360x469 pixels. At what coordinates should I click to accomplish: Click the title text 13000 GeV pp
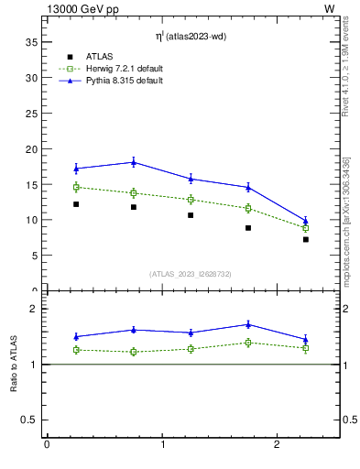80,8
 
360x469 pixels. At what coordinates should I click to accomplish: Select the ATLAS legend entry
95,57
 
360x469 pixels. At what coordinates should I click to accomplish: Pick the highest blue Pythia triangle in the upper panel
134,162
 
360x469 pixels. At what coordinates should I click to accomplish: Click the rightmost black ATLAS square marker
306,239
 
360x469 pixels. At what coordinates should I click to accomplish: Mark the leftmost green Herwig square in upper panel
77,187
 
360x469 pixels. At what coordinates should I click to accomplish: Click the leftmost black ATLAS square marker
76,204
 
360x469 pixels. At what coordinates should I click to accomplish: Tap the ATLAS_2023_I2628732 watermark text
191,273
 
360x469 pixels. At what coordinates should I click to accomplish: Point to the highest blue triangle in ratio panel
248,324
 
